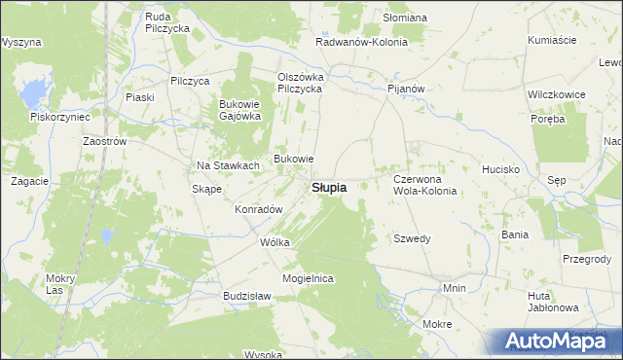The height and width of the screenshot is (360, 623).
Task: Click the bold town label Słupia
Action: pos(328,188)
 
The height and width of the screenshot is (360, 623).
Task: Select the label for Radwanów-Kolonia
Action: pos(361,43)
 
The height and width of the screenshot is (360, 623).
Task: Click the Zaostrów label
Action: pos(106,140)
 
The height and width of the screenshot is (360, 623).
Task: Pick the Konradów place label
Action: pos(259,209)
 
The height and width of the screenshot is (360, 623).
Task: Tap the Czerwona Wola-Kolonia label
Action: pos(424,185)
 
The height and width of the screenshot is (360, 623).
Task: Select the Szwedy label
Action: pos(412,238)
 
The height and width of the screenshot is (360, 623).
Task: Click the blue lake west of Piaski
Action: pos(33,93)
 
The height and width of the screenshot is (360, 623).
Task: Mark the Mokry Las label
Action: pos(60,284)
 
